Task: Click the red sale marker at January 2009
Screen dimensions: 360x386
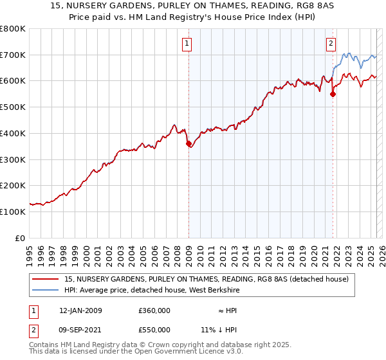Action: click(188, 144)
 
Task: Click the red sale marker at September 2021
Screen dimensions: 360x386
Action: click(333, 94)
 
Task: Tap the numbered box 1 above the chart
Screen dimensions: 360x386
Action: click(187, 44)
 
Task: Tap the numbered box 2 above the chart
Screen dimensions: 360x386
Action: click(331, 44)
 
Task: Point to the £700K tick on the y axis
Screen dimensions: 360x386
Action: click(13, 55)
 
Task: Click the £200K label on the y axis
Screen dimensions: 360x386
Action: click(13, 185)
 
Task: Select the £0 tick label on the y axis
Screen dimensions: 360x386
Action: click(19, 238)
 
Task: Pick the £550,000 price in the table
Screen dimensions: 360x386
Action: click(154, 330)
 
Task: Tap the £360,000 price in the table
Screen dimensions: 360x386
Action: click(154, 310)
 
